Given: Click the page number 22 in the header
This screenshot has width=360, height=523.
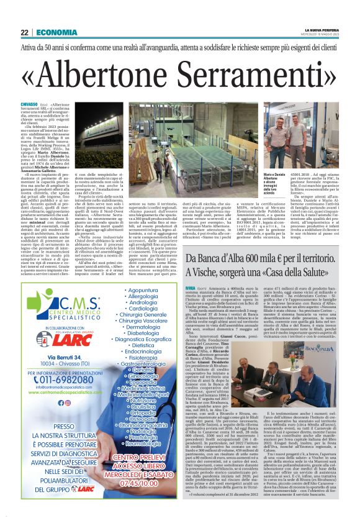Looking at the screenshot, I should click(25, 33).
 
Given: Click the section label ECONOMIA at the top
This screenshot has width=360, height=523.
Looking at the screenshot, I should click(56, 33).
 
